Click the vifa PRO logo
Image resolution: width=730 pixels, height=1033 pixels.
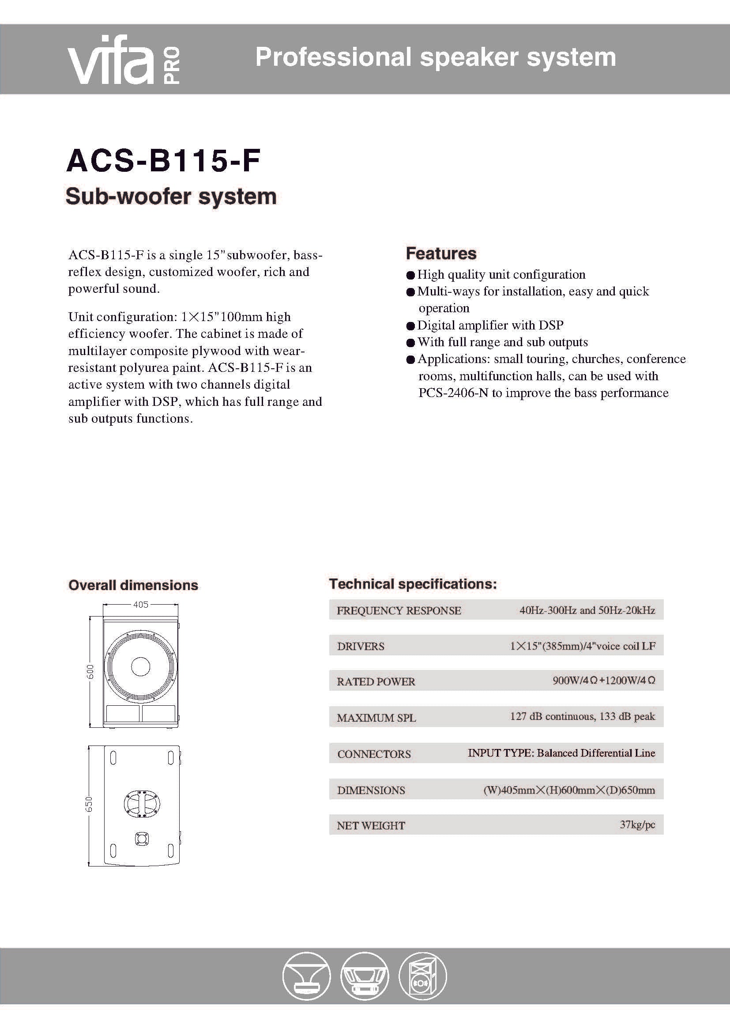(124, 61)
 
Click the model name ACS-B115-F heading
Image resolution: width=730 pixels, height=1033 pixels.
(163, 161)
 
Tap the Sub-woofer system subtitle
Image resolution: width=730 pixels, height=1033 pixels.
(171, 197)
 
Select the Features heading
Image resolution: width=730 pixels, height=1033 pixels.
(441, 254)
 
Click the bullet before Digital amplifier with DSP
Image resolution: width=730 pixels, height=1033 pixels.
(410, 326)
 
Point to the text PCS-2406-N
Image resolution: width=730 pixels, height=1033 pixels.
(453, 393)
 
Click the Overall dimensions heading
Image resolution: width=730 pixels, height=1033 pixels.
(133, 585)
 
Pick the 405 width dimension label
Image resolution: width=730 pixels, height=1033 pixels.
(141, 605)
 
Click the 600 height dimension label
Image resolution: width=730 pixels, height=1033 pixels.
(90, 671)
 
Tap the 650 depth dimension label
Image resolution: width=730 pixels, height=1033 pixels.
(89, 804)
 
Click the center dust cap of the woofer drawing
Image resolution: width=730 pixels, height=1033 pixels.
(141, 667)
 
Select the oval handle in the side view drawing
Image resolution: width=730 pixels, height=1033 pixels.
(142, 803)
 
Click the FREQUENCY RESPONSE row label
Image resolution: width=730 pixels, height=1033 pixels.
(399, 610)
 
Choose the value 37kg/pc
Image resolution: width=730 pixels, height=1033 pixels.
(637, 825)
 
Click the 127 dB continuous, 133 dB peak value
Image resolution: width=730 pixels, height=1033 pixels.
(582, 716)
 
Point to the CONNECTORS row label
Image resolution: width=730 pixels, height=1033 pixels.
(374, 754)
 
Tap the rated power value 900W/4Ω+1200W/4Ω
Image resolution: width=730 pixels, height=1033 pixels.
(604, 681)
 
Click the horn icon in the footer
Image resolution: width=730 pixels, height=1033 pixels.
(306, 976)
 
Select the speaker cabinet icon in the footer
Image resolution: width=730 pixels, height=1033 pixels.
(422, 976)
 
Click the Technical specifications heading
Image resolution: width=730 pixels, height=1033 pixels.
(413, 584)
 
